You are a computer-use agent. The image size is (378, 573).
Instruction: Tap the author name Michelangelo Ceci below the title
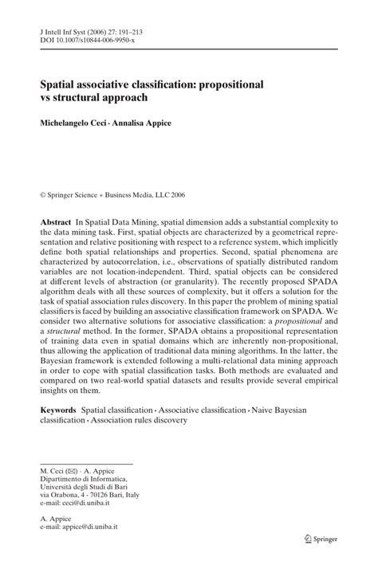coord(78,123)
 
